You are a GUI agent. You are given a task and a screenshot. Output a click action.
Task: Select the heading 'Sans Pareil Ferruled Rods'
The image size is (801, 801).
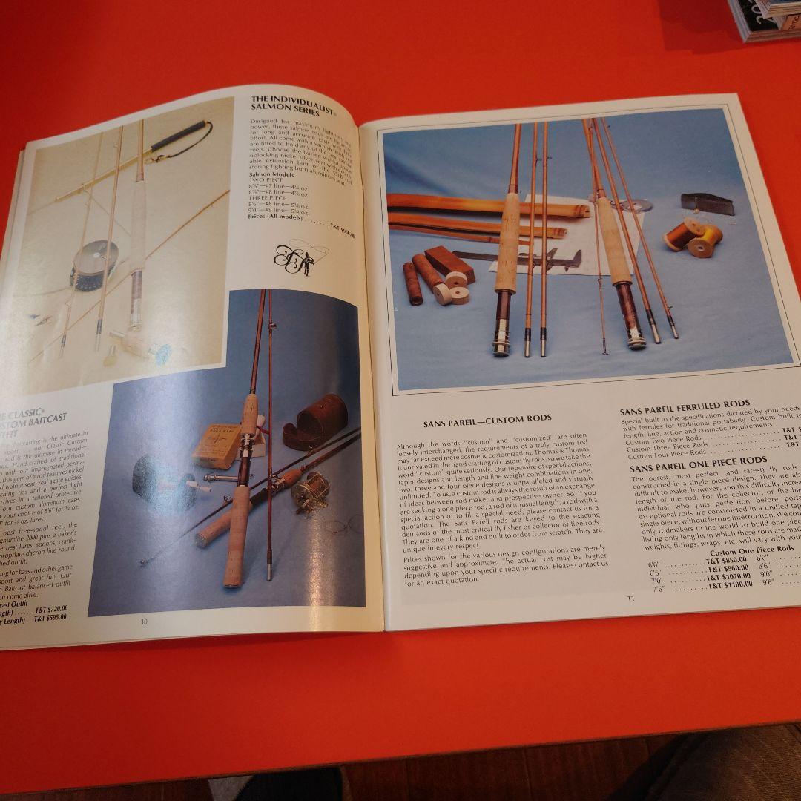685,405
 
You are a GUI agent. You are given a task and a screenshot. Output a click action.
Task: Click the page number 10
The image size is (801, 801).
144,622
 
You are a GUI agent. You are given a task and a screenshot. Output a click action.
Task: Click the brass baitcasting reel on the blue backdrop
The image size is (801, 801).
309,491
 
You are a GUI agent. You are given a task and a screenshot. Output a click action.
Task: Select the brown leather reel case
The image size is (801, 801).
315,423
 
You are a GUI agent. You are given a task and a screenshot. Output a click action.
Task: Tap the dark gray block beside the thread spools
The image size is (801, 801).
708,203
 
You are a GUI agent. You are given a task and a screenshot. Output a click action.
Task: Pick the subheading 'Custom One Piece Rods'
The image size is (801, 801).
751,550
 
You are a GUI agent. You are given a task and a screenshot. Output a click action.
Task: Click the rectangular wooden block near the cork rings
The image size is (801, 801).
449,263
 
